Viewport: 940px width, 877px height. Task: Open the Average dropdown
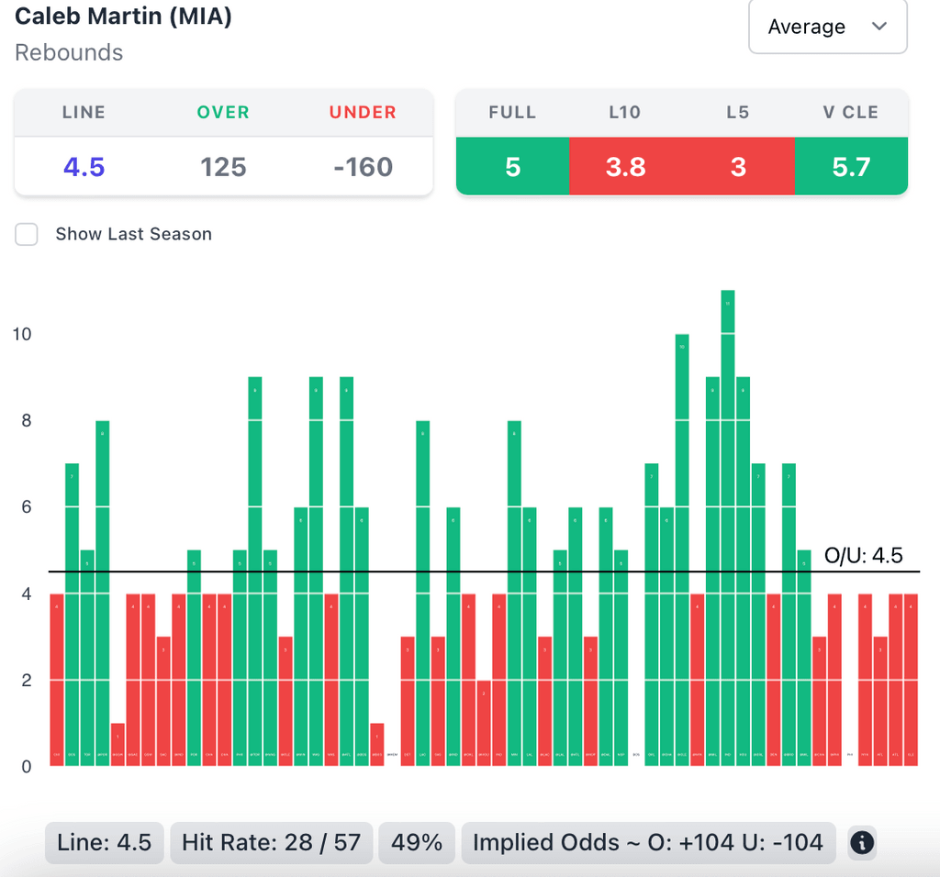pyautogui.click(x=827, y=28)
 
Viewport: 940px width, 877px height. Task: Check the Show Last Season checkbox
pyautogui.click(x=27, y=234)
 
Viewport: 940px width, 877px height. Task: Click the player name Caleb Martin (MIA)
pyautogui.click(x=123, y=17)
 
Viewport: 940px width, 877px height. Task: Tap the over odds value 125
pyautogui.click(x=223, y=167)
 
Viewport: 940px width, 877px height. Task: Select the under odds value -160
pyautogui.click(x=363, y=167)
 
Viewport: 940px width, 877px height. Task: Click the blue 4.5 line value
pyautogui.click(x=84, y=167)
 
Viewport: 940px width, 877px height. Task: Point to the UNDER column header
pyautogui.click(x=363, y=113)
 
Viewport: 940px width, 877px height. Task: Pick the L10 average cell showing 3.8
pyautogui.click(x=625, y=167)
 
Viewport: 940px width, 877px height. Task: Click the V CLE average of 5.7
pyautogui.click(x=851, y=167)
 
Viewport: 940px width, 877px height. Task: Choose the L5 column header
pyautogui.click(x=737, y=113)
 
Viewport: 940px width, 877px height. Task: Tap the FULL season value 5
pyautogui.click(x=512, y=167)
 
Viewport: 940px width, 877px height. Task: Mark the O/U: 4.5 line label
pyautogui.click(x=864, y=555)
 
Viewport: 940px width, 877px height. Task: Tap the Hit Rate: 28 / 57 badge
pyautogui.click(x=271, y=842)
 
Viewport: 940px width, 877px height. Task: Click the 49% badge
pyautogui.click(x=417, y=842)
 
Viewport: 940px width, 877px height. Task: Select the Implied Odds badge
pyautogui.click(x=647, y=842)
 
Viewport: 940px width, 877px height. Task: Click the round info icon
pyautogui.click(x=861, y=842)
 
